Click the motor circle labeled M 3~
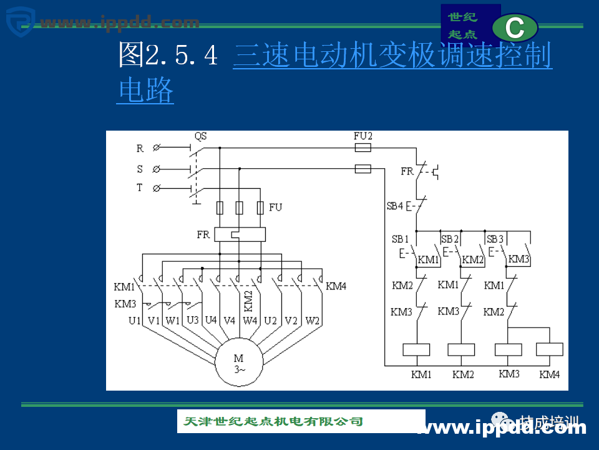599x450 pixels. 240,364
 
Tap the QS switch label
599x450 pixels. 200,136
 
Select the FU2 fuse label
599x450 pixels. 363,136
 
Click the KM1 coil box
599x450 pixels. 417,349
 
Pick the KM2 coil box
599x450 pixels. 462,349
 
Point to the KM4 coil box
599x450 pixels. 550,349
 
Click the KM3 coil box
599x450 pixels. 508,349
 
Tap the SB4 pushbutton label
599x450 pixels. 395,206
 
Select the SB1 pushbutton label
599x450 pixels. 400,239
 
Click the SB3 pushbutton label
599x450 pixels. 495,239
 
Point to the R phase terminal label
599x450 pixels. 140,149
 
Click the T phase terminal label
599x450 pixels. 140,187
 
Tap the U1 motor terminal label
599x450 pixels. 135,321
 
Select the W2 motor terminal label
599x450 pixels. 313,321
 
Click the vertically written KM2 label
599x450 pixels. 248,301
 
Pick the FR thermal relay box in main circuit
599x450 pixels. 240,235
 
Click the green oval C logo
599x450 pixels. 515,27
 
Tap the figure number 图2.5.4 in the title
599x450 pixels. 168,56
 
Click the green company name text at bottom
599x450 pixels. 273,421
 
